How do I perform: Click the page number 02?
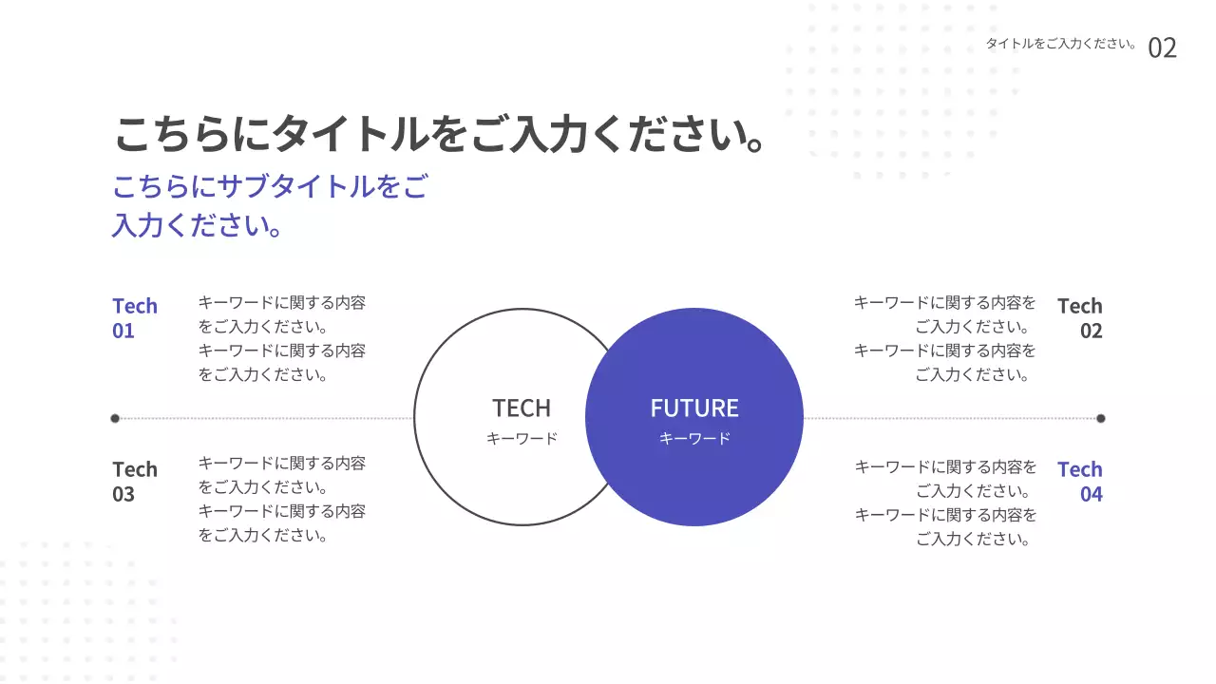click(1162, 47)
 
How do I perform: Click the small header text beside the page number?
click(1061, 44)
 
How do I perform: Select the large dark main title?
click(440, 135)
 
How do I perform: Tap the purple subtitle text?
click(270, 205)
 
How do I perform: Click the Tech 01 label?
click(134, 318)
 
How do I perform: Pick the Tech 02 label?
click(1080, 318)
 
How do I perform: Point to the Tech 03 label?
click(134, 482)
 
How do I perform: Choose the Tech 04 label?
click(1080, 482)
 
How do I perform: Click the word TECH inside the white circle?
click(521, 408)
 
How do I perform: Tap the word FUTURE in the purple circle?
click(694, 408)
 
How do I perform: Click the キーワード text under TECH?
click(522, 439)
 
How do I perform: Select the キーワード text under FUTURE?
click(694, 439)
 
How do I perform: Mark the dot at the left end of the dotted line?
click(115, 418)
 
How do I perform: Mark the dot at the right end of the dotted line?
click(1101, 418)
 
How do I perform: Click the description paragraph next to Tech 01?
click(281, 338)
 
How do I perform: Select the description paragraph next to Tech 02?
click(945, 338)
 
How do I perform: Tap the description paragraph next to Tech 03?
click(281, 500)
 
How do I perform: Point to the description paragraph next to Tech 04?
click(946, 503)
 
